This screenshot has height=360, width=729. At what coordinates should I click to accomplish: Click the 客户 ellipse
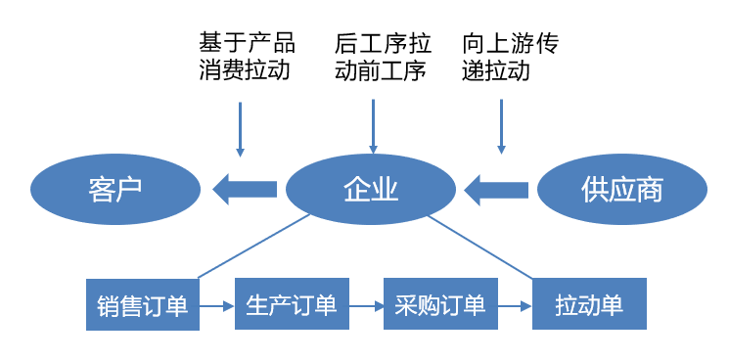(x=114, y=189)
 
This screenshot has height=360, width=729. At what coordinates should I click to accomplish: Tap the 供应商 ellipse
(x=621, y=189)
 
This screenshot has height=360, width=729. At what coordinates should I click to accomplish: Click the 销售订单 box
(x=142, y=305)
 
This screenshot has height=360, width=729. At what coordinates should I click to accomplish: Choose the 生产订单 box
(x=292, y=305)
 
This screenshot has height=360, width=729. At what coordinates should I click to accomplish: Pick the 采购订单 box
(x=439, y=305)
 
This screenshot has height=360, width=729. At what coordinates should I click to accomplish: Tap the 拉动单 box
(x=589, y=305)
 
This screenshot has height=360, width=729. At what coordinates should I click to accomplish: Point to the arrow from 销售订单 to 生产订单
(x=217, y=306)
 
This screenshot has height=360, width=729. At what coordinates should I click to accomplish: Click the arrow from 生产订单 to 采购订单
(x=365, y=306)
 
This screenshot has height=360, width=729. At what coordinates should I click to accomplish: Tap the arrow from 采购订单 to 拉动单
(x=515, y=306)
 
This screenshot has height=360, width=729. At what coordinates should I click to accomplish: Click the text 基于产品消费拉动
(x=246, y=57)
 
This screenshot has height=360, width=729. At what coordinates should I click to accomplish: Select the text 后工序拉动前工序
(x=381, y=57)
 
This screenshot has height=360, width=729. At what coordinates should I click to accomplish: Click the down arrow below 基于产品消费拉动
(x=240, y=127)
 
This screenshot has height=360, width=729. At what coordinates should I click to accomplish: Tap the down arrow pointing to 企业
(x=372, y=125)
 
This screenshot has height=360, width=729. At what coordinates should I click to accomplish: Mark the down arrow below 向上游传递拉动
(x=501, y=125)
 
